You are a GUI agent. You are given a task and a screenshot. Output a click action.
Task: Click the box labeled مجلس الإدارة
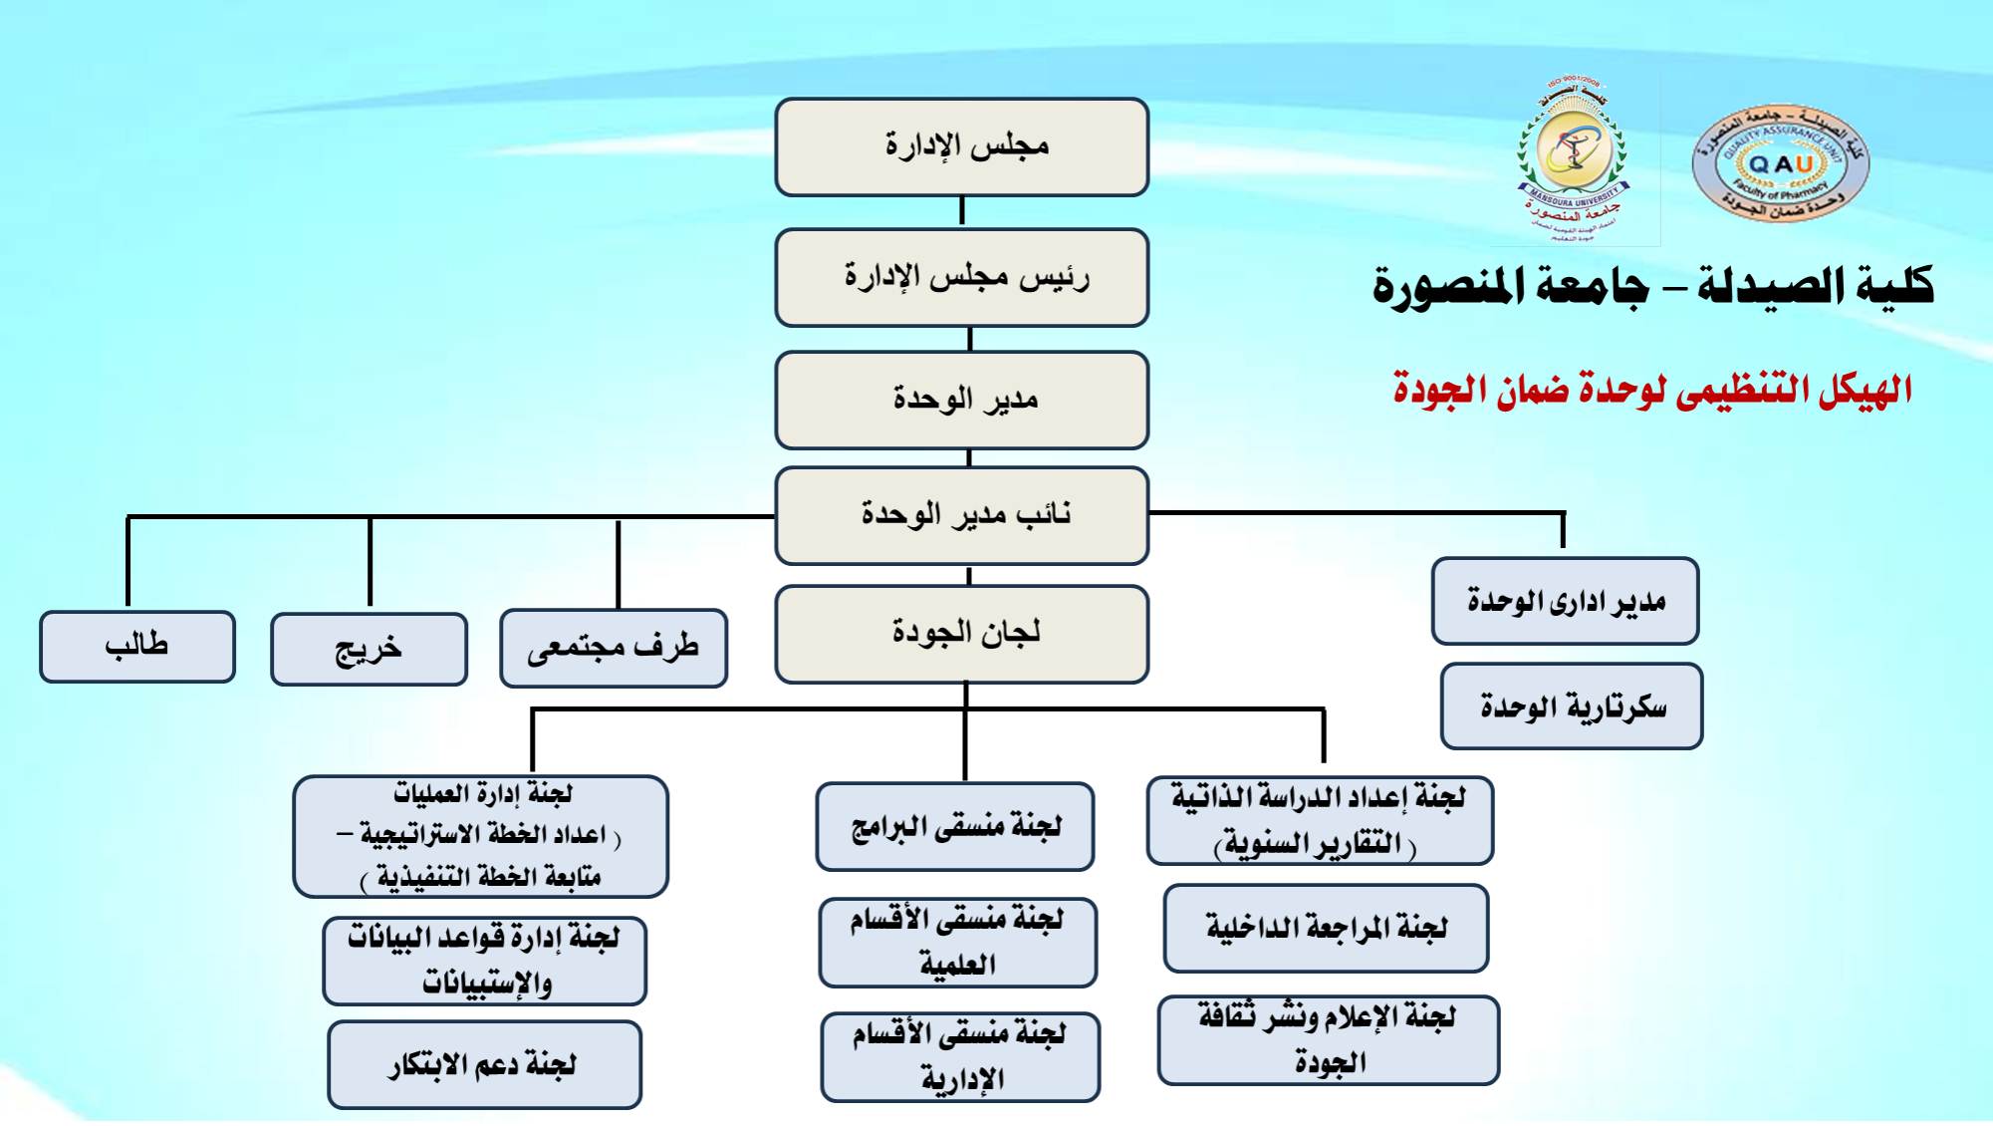point(961,146)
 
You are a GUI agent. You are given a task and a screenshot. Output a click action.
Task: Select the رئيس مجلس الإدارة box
point(961,277)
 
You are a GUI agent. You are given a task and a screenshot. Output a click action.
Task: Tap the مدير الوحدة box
point(961,400)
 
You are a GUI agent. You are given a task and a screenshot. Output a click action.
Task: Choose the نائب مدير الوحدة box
point(961,515)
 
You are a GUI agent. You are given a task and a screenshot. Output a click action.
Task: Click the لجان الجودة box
point(961,634)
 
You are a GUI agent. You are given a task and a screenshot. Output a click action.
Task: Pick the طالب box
point(137,647)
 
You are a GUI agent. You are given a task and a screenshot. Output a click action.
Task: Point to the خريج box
point(369,650)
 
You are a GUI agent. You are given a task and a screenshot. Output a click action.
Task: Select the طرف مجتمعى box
point(614,649)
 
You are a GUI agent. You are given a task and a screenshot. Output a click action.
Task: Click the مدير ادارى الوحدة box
point(1565,601)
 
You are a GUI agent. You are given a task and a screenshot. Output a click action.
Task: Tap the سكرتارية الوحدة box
point(1572,706)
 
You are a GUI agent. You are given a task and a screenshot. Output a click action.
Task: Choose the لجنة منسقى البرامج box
point(954,826)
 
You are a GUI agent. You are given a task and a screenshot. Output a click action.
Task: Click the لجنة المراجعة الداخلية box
point(1326,928)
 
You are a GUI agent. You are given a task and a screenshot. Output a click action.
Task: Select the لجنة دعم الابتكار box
point(484,1064)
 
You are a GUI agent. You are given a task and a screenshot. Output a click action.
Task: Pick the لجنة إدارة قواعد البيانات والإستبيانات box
point(484,961)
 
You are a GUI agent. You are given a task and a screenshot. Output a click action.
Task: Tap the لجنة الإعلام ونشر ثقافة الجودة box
point(1328,1039)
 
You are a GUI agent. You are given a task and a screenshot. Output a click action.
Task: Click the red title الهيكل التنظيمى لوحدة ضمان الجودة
point(1652,390)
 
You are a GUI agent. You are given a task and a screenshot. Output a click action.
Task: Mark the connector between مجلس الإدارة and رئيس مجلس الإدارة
point(961,212)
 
